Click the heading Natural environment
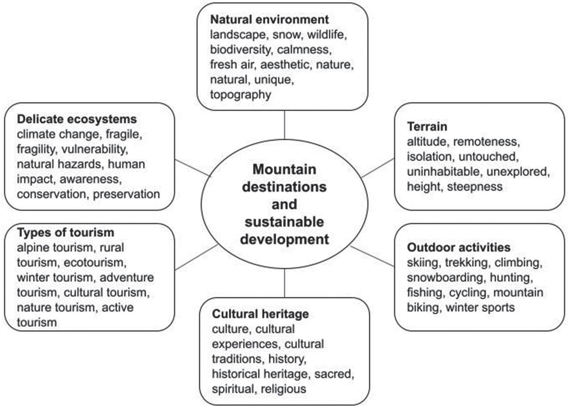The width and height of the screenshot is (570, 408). click(x=269, y=19)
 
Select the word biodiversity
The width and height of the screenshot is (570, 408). click(x=240, y=49)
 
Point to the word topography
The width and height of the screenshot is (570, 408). click(x=240, y=95)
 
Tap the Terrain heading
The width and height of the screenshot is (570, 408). click(x=427, y=127)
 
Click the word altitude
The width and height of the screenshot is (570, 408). click(x=428, y=142)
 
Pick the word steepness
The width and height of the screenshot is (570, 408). click(x=474, y=187)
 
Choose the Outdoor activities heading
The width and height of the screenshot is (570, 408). click(x=458, y=247)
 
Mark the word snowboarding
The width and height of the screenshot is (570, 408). click(x=446, y=278)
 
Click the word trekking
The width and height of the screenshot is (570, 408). click(x=467, y=263)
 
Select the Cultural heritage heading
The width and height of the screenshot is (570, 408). click(x=260, y=314)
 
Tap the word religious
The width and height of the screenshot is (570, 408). click(x=283, y=389)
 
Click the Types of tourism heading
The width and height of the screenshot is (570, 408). click(x=65, y=232)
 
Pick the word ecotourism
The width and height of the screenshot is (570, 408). click(x=93, y=263)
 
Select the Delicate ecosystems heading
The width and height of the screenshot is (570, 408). click(x=77, y=119)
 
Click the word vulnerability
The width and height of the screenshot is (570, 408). click(x=94, y=149)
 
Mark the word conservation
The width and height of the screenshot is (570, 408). click(x=51, y=194)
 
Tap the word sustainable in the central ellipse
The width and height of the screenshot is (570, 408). click(x=284, y=222)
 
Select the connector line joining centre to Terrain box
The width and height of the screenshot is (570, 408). click(x=378, y=168)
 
